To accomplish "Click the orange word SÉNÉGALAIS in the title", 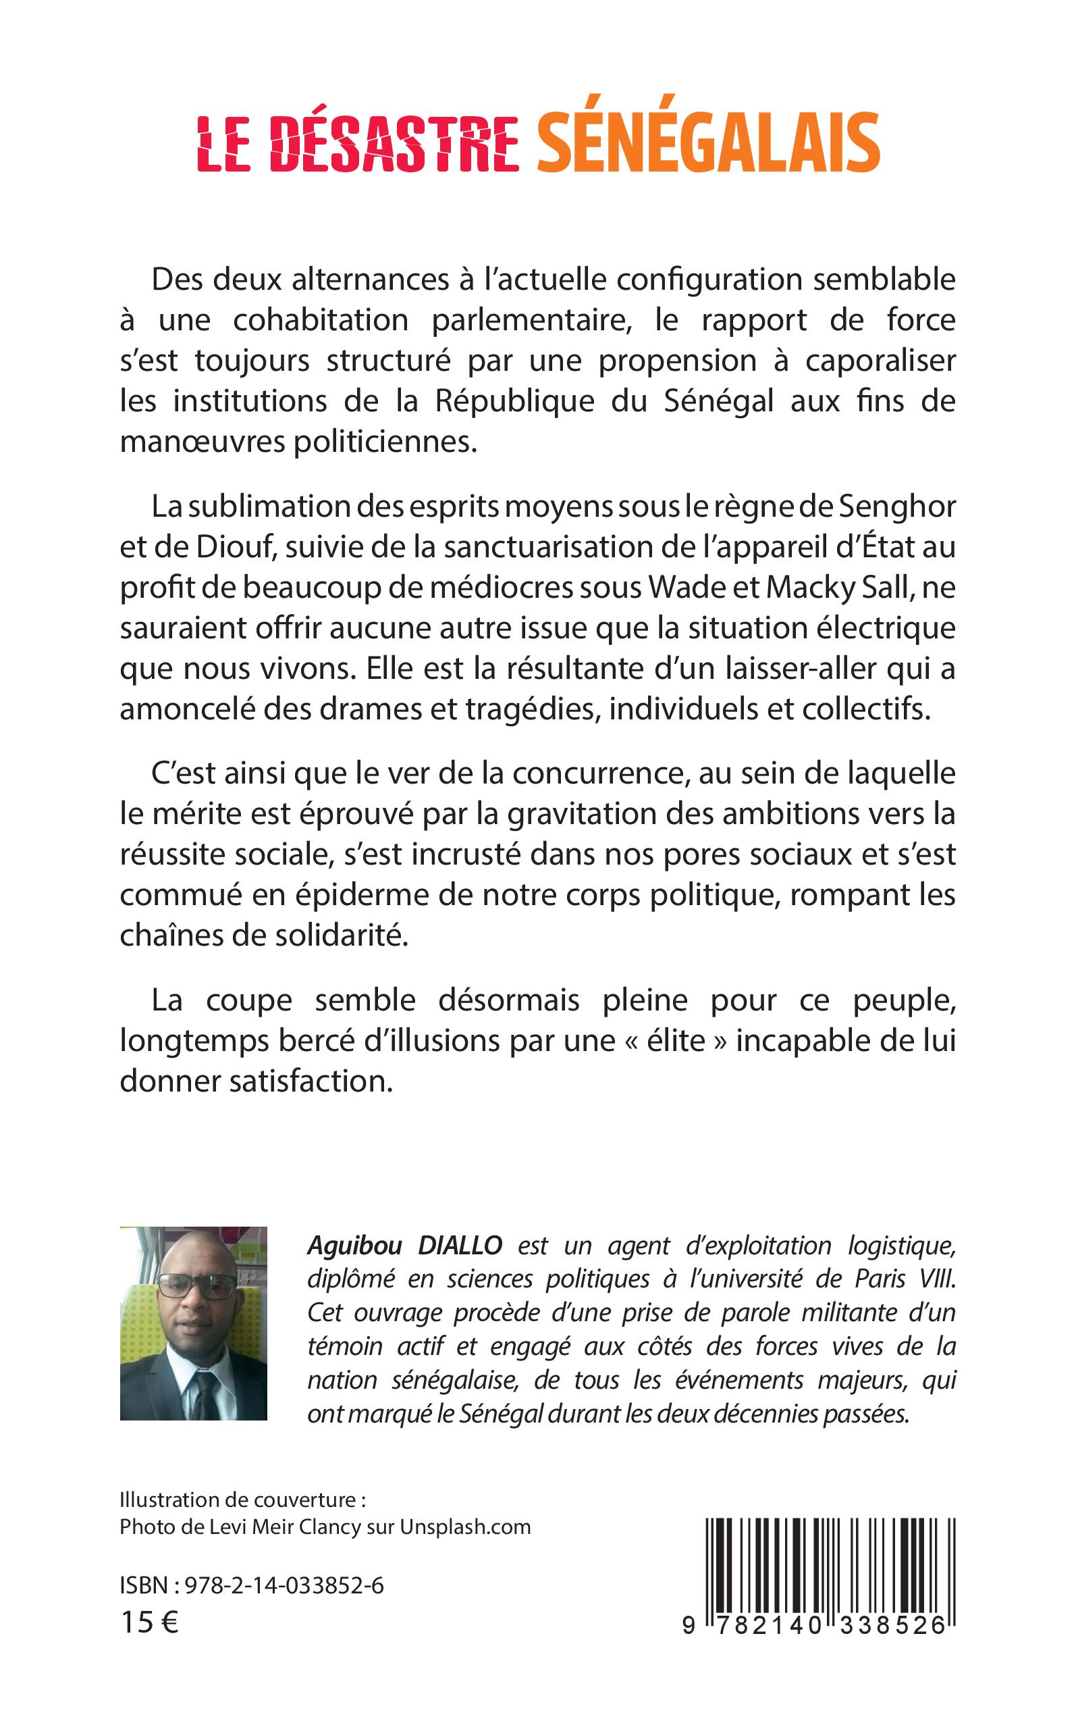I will [x=708, y=143].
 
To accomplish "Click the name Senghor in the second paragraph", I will [x=897, y=507].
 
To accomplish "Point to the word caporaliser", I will [x=880, y=361].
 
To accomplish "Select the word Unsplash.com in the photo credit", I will [x=465, y=1527].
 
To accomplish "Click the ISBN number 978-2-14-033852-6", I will [x=284, y=1586].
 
